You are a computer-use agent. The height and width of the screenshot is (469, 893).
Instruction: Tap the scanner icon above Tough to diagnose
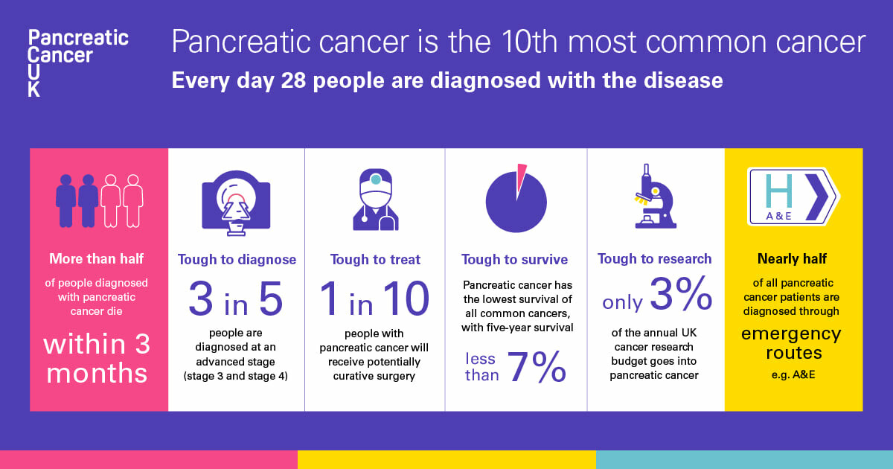(x=236, y=202)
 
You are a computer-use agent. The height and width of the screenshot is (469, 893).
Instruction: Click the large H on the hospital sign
(x=778, y=192)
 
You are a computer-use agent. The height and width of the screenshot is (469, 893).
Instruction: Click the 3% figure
(x=679, y=295)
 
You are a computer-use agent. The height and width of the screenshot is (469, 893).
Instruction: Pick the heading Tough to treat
(x=375, y=260)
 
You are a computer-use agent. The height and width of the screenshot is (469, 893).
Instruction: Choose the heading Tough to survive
(x=514, y=260)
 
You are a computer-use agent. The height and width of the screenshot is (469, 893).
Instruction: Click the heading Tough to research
(x=654, y=259)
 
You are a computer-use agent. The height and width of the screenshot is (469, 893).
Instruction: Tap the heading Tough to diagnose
(x=237, y=260)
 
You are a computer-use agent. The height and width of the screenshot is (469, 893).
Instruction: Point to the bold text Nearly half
(x=793, y=259)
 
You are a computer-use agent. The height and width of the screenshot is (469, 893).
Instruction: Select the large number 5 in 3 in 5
(x=270, y=299)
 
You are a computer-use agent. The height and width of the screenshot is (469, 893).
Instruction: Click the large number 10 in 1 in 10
(x=405, y=299)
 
